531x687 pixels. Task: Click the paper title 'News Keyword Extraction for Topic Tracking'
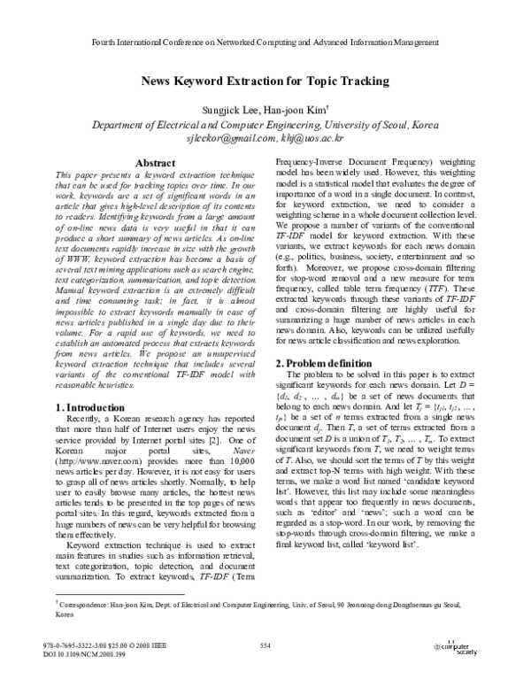click(265, 81)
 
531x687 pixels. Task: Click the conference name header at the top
click(265, 42)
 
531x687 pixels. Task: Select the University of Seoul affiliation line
click(265, 125)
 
